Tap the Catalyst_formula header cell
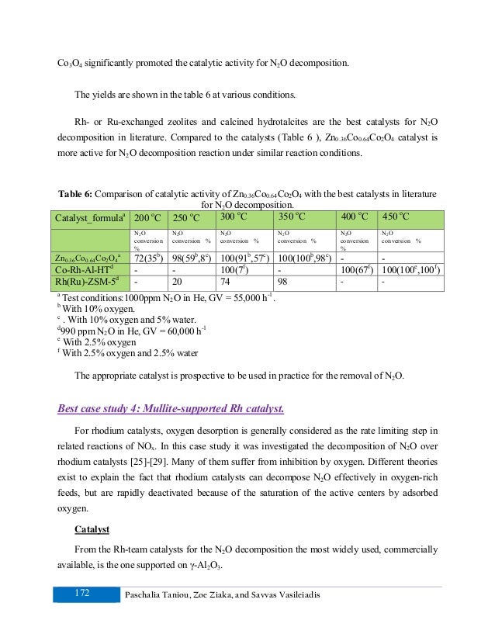tap(88, 218)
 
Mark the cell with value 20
tap(178, 281)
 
